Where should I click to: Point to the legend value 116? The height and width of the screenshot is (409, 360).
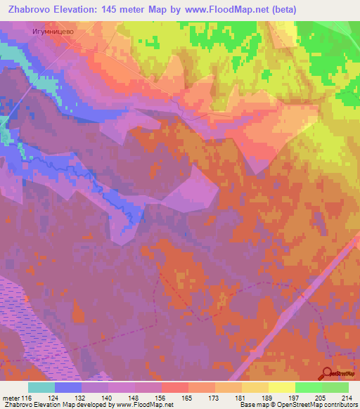(x=27, y=398)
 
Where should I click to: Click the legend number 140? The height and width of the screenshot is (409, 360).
(x=108, y=398)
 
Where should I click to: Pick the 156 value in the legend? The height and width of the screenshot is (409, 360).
(x=160, y=398)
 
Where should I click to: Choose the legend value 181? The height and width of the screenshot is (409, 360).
(x=242, y=398)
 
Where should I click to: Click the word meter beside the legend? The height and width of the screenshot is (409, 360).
(x=10, y=398)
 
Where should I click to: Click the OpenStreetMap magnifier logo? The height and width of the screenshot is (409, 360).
(x=326, y=373)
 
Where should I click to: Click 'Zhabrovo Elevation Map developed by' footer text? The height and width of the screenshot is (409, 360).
(x=49, y=405)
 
